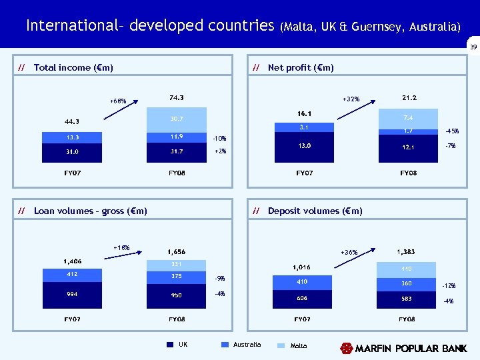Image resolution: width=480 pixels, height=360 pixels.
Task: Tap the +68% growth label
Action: pyautogui.click(x=118, y=101)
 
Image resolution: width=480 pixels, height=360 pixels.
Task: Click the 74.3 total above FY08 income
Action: pyautogui.click(x=177, y=97)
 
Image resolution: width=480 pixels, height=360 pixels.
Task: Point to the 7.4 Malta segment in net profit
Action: pyautogui.click(x=409, y=118)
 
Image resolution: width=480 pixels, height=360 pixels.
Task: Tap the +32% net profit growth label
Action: pyautogui.click(x=351, y=99)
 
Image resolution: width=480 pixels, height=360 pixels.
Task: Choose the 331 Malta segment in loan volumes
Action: pyautogui.click(x=177, y=264)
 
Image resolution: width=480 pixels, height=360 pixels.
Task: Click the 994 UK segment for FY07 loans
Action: pyautogui.click(x=73, y=293)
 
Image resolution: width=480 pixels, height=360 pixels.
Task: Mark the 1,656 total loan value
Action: pyautogui.click(x=177, y=251)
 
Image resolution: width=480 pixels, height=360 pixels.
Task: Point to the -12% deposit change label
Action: pyautogui.click(x=448, y=285)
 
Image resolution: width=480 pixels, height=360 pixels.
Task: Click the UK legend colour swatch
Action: pyautogui.click(x=170, y=345)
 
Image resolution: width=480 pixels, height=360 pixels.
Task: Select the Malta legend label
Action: pyautogui.click(x=299, y=345)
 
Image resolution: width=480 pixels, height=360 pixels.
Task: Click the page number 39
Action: pyautogui.click(x=473, y=47)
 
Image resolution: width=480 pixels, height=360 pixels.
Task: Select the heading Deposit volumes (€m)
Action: pyautogui.click(x=315, y=211)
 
